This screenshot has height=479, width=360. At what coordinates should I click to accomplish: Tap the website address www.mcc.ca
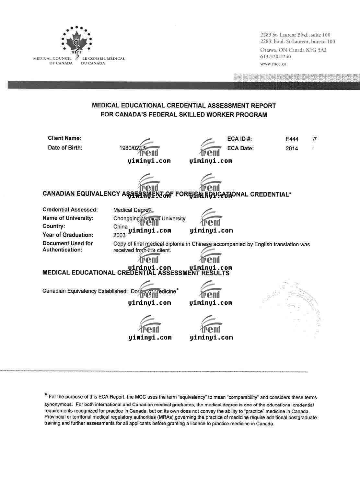(x=273, y=64)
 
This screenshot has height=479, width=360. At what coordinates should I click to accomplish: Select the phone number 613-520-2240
(x=275, y=57)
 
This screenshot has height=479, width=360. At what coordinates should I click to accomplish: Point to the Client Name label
(x=64, y=138)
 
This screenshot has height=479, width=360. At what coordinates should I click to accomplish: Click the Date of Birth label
(x=65, y=148)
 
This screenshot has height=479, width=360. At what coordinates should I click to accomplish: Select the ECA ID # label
(x=239, y=139)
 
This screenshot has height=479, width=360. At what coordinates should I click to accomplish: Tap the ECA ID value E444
(x=292, y=139)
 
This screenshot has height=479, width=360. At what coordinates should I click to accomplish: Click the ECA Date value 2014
(x=292, y=149)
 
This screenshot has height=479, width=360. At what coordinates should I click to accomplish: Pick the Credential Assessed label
(x=70, y=210)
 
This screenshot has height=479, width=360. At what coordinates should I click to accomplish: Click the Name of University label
(x=68, y=218)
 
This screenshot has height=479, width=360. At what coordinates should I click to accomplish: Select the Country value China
(x=120, y=227)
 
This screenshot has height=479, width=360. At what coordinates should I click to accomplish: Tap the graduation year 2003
(x=119, y=235)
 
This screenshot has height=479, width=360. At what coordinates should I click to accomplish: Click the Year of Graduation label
(x=68, y=235)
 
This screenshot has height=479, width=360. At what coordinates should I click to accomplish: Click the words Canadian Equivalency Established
(x=85, y=291)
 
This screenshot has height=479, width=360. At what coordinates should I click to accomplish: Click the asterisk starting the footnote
(x=46, y=395)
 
